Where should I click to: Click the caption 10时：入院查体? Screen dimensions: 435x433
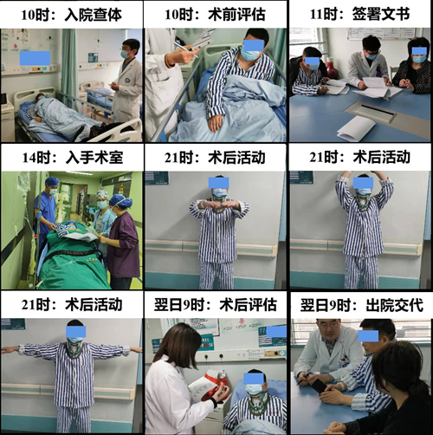72,14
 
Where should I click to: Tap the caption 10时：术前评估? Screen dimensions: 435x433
216,14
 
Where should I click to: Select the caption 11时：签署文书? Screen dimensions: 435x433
360,14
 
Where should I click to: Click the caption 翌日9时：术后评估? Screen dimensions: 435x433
216,305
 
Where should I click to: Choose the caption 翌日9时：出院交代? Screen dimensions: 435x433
360,305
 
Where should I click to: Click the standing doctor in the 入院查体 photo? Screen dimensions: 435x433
128,82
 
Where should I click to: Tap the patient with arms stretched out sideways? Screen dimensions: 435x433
74,364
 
